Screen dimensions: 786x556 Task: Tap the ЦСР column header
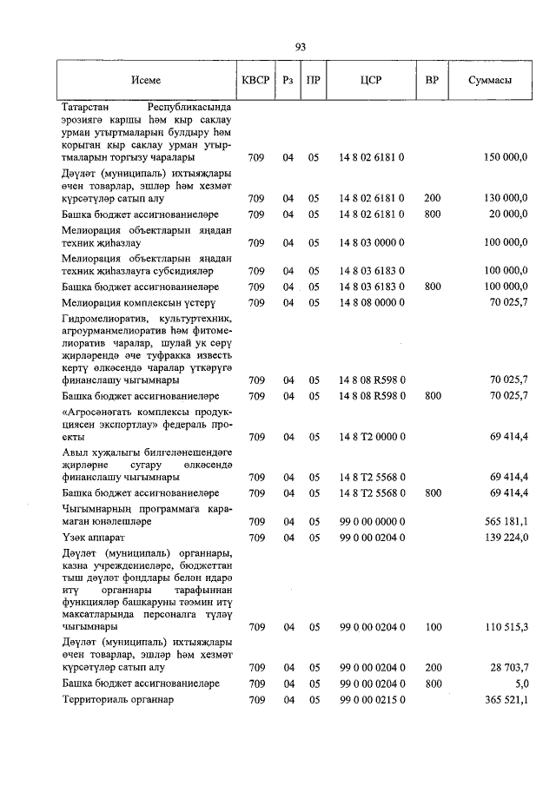click(371, 80)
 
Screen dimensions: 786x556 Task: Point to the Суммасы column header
click(489, 80)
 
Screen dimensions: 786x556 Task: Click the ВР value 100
click(432, 626)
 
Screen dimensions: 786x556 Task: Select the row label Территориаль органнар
click(118, 700)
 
